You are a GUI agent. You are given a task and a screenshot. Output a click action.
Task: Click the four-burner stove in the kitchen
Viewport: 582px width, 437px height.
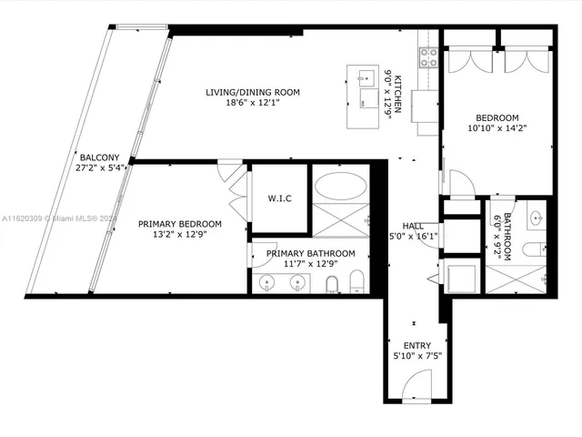428,57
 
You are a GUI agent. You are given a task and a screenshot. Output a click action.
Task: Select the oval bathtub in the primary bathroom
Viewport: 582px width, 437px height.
341,188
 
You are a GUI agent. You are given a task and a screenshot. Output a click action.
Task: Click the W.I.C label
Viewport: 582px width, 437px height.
279,198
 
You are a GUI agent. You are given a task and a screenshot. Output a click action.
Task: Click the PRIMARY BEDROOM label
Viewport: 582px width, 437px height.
179,224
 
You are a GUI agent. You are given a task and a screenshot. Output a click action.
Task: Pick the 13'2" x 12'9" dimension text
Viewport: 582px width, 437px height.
179,236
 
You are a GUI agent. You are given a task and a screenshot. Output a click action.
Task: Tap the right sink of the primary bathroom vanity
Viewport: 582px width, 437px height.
297,282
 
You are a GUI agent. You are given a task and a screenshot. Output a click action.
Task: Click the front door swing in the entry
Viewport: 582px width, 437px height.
414,388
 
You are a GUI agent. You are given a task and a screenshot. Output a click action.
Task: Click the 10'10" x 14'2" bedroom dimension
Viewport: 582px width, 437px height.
497,128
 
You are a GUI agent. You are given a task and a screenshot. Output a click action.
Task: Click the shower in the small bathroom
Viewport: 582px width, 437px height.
516,274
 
